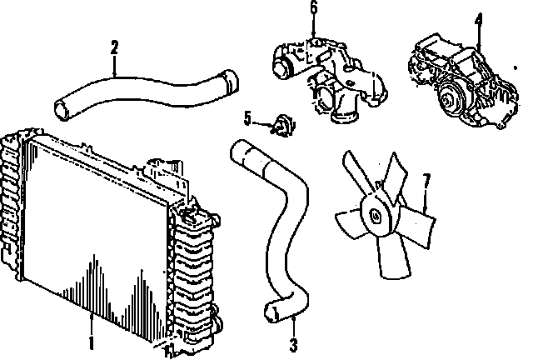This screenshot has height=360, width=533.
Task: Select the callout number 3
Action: [x=293, y=343]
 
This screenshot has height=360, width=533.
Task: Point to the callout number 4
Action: [x=479, y=17]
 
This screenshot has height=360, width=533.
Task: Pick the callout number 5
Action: [x=248, y=118]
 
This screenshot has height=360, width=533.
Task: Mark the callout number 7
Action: [x=426, y=180]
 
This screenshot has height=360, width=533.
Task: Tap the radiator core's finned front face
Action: [x=92, y=233]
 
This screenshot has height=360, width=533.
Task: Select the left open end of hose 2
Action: [x=60, y=108]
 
